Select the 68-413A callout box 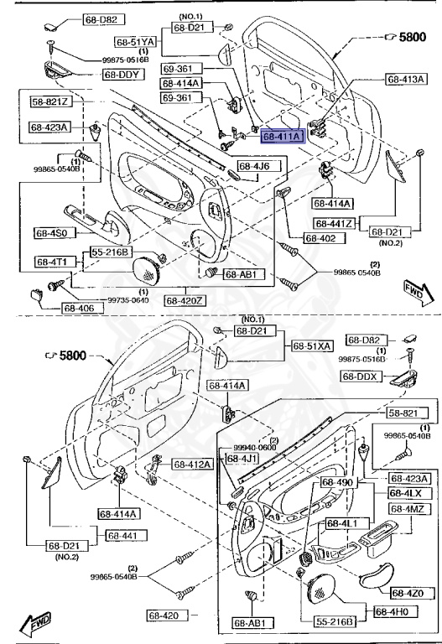(x=406, y=79)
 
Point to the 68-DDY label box (x=122, y=75)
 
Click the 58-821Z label (x=51, y=101)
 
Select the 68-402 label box (x=320, y=238)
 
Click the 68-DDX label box (x=361, y=377)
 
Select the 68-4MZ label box (x=409, y=509)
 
